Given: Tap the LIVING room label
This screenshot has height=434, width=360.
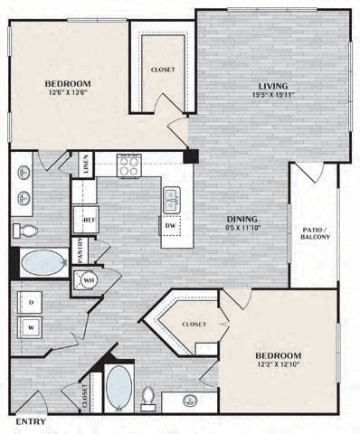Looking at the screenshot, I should (x=271, y=86).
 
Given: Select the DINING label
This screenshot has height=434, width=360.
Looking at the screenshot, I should (x=242, y=219).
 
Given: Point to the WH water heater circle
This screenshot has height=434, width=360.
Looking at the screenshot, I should (x=89, y=279).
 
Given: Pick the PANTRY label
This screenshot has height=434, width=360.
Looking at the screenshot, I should (x=80, y=250).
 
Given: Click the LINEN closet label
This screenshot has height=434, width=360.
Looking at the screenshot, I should (x=86, y=164).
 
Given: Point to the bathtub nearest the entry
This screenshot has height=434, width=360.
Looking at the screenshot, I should (x=118, y=388).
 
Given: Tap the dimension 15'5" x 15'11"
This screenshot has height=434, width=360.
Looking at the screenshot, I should (x=271, y=97).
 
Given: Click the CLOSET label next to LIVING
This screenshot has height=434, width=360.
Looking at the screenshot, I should (x=164, y=70).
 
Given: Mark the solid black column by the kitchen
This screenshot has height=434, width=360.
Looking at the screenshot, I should (x=190, y=156).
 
